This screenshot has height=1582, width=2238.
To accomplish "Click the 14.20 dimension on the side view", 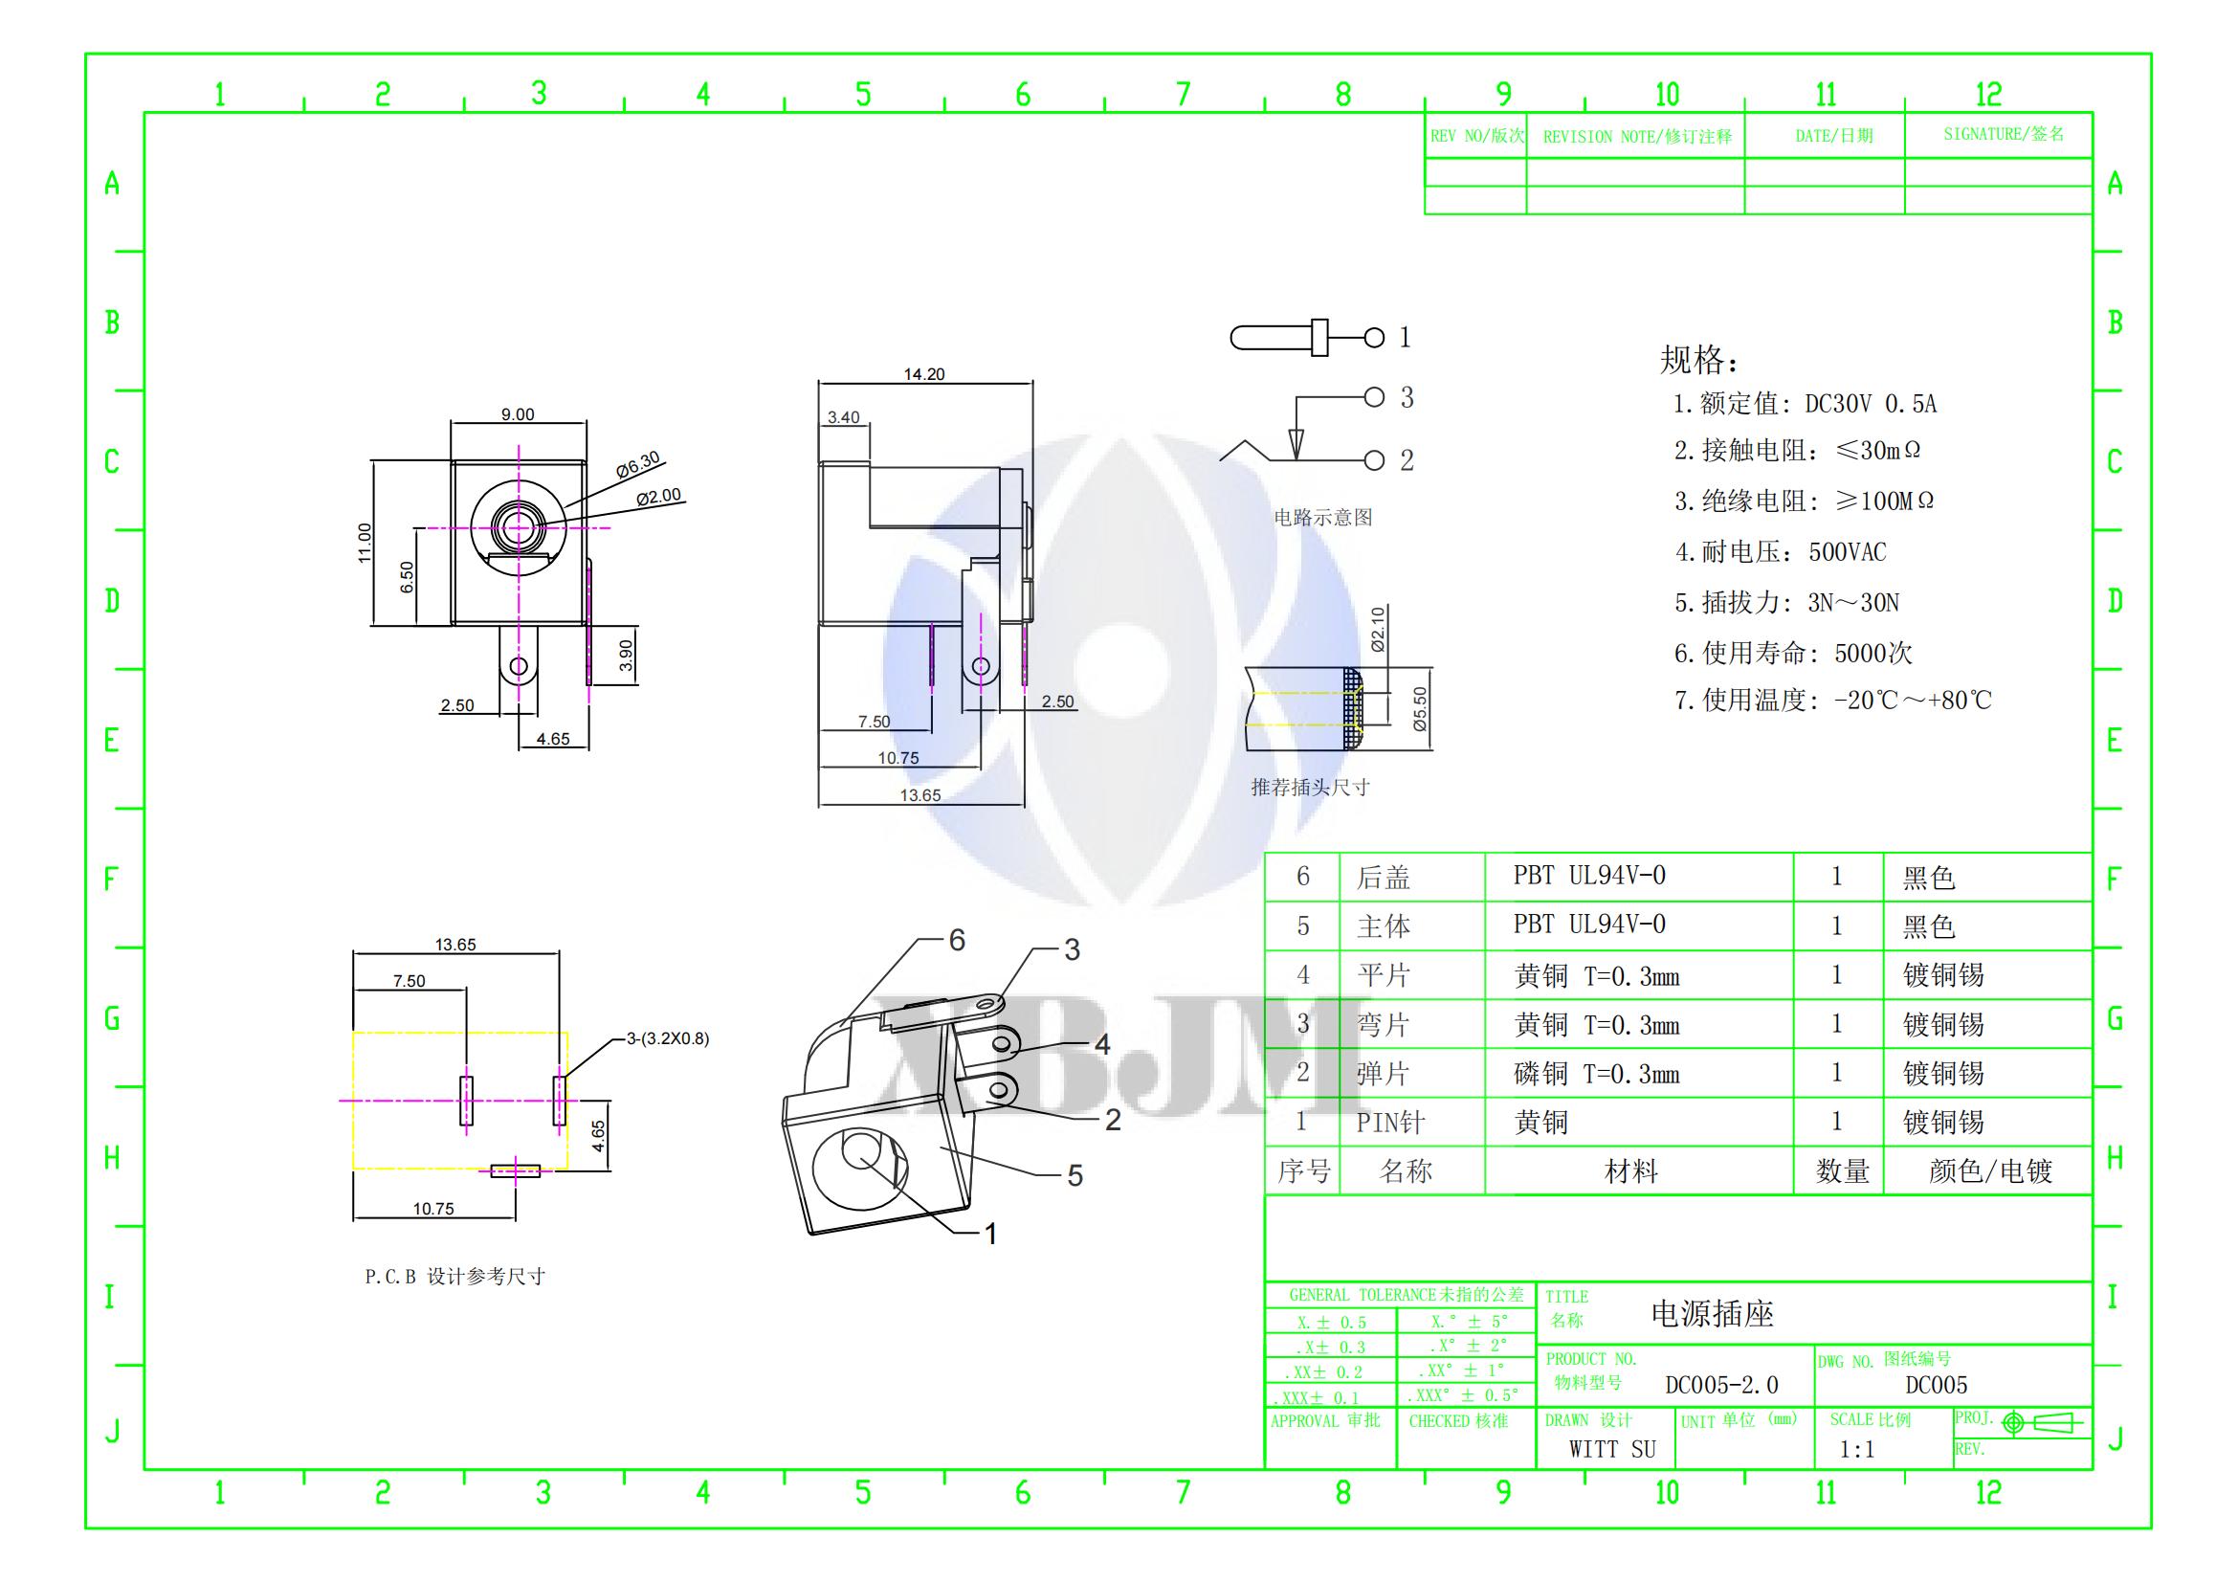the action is pyautogui.click(x=923, y=374).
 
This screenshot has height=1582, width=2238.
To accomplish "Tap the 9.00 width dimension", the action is pyautogui.click(x=518, y=414).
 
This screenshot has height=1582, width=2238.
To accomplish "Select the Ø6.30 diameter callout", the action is pyautogui.click(x=638, y=464).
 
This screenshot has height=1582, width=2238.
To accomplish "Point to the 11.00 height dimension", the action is pyautogui.click(x=365, y=543).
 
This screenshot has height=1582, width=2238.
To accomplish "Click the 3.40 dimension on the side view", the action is pyautogui.click(x=843, y=417).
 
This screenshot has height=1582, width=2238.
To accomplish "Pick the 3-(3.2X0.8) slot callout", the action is pyautogui.click(x=668, y=1039).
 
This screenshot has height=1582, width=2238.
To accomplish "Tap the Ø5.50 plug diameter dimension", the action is pyautogui.click(x=1419, y=708).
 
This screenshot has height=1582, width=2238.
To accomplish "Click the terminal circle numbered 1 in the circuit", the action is pyautogui.click(x=1374, y=337).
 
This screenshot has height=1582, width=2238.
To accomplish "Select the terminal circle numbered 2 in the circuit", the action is pyautogui.click(x=1374, y=460).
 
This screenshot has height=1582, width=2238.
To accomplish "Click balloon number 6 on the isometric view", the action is pyautogui.click(x=956, y=940).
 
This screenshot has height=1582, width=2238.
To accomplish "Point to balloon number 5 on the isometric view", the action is pyautogui.click(x=1075, y=1175).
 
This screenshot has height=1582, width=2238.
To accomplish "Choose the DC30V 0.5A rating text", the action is pyautogui.click(x=1871, y=404).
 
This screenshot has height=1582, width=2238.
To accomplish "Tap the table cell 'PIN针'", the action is pyautogui.click(x=1391, y=1123).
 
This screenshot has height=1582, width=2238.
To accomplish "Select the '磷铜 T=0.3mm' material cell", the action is pyautogui.click(x=1597, y=1074).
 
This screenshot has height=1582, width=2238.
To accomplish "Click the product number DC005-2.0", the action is pyautogui.click(x=1721, y=1385).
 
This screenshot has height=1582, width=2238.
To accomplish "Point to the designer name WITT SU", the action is pyautogui.click(x=1612, y=1449).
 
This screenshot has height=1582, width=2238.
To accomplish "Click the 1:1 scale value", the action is pyautogui.click(x=1857, y=1449).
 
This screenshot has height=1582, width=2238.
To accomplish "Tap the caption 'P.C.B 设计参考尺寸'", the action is pyautogui.click(x=455, y=1277).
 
